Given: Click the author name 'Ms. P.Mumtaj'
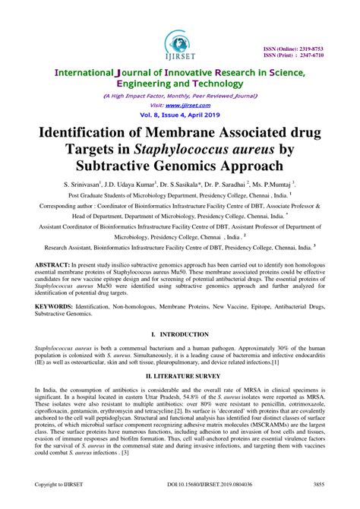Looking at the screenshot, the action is (x=273, y=185).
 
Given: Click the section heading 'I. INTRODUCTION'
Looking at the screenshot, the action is (x=180, y=356).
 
